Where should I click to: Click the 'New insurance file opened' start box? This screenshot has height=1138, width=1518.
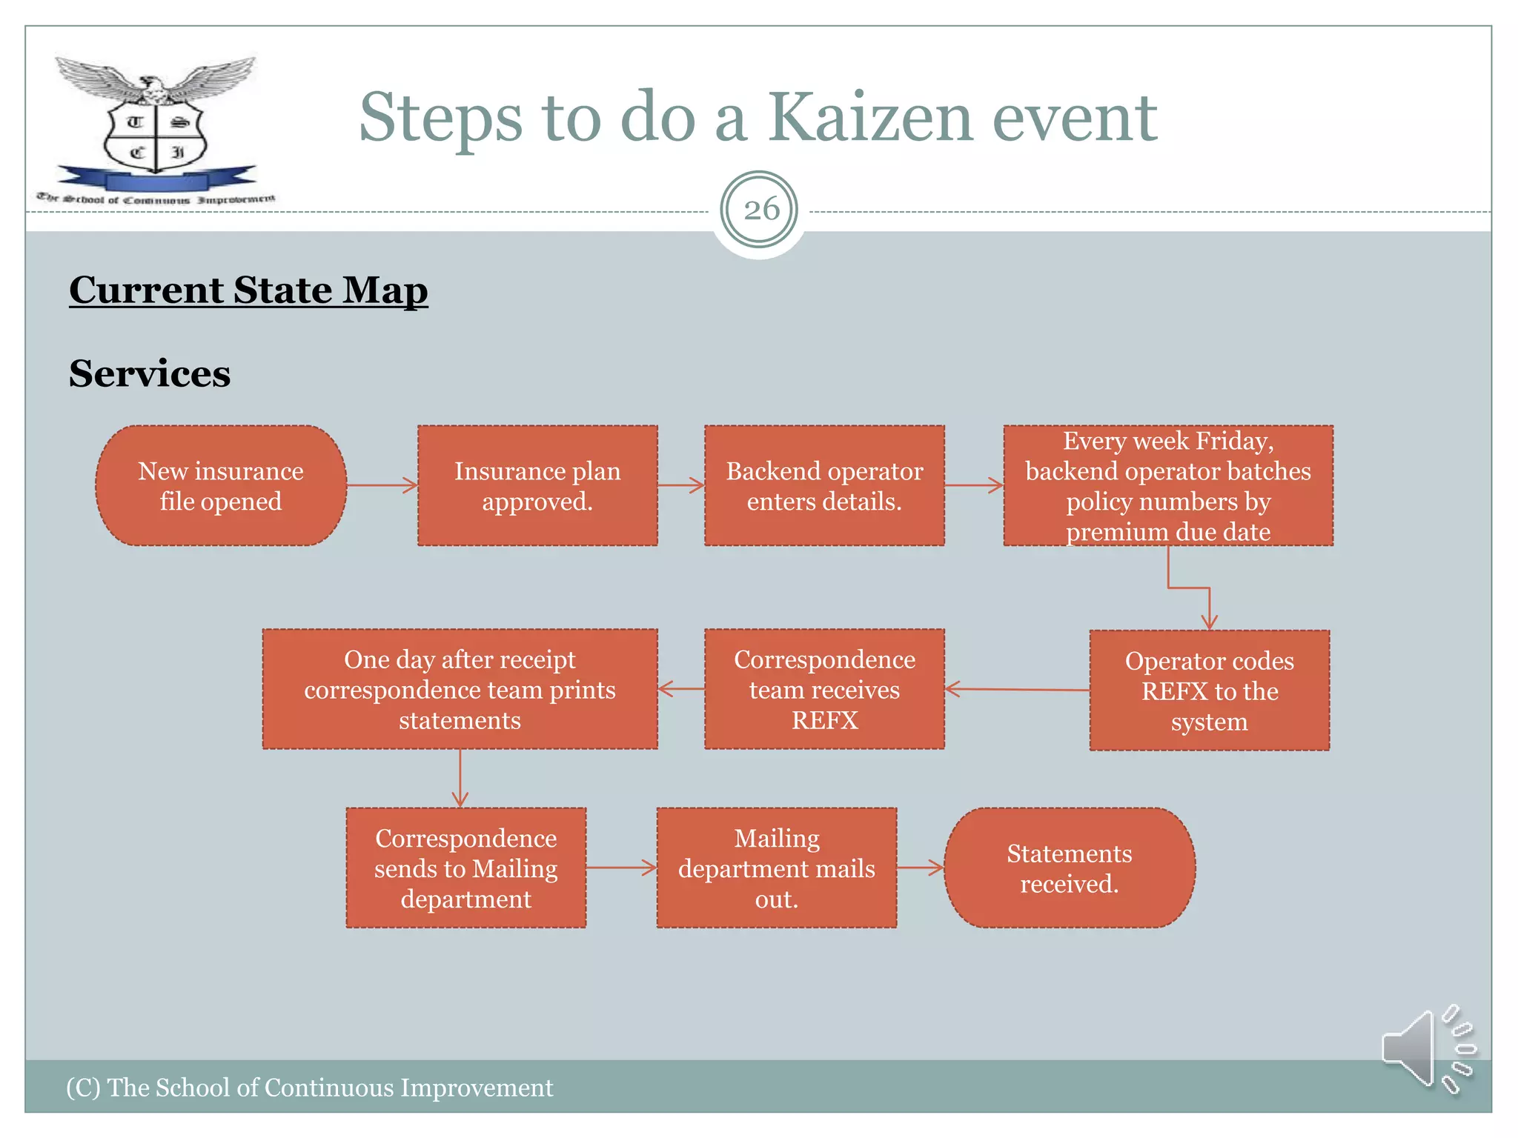(221, 486)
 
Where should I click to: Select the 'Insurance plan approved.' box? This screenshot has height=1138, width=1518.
(537, 486)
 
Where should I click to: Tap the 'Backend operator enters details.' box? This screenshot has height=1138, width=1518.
(824, 486)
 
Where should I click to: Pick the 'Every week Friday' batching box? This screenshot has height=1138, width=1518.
(1168, 486)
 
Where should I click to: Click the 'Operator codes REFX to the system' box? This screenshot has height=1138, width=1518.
(1209, 691)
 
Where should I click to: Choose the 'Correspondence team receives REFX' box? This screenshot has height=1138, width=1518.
(824, 689)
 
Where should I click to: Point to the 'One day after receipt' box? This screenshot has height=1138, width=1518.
(460, 689)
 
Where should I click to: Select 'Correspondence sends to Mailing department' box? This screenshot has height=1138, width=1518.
(465, 868)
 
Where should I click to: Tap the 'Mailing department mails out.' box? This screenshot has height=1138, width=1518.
(776, 868)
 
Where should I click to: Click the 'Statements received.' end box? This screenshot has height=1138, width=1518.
(1069, 868)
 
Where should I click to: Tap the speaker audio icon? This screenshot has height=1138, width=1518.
(1427, 1048)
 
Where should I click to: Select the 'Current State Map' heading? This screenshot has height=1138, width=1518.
(248, 290)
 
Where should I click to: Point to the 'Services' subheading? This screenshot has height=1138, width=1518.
(150, 373)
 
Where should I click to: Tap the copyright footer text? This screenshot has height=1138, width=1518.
(310, 1088)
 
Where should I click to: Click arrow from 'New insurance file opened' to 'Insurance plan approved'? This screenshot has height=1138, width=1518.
(382, 486)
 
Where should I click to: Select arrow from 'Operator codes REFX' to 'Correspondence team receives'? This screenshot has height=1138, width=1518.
(1017, 690)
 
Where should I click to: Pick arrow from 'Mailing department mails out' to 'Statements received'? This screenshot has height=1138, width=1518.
(921, 868)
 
